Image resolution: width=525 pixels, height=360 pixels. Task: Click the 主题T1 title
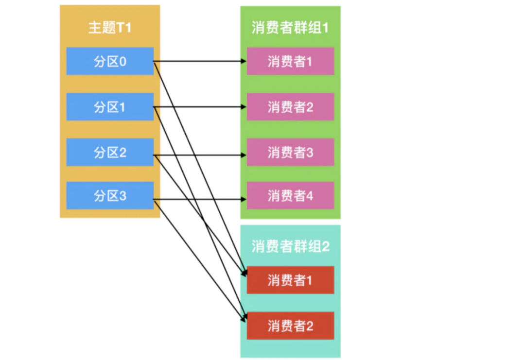coord(110,27)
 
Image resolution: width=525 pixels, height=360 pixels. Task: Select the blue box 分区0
coord(110,61)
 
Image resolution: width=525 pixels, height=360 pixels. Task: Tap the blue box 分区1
coord(110,107)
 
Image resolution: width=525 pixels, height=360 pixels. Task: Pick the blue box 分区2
coord(110,152)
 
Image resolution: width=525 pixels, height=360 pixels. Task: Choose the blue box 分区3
coord(110,196)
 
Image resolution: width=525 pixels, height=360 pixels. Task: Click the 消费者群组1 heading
coord(290,27)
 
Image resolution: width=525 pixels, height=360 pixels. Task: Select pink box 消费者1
coord(290,61)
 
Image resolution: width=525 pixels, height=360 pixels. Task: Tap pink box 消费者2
coord(290,107)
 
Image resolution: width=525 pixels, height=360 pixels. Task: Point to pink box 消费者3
coord(290,152)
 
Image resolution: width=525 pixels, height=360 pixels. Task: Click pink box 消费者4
coord(290,196)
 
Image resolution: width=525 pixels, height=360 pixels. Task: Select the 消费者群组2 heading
coord(290,247)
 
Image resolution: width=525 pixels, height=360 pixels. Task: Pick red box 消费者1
coord(290,280)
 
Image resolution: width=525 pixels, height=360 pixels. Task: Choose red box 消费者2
coord(290,326)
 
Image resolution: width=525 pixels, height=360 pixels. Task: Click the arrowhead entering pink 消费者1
coord(244,61)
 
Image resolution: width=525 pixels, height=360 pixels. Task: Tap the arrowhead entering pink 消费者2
coord(244,107)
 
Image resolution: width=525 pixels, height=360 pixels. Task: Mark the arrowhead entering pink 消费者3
coord(244,155)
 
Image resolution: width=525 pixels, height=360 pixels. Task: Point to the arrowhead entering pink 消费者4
coord(244,199)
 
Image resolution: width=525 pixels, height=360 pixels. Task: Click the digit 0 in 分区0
coord(122,62)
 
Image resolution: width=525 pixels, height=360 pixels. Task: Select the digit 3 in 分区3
coord(122,196)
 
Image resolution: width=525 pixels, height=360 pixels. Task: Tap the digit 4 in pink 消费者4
coord(309,196)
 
